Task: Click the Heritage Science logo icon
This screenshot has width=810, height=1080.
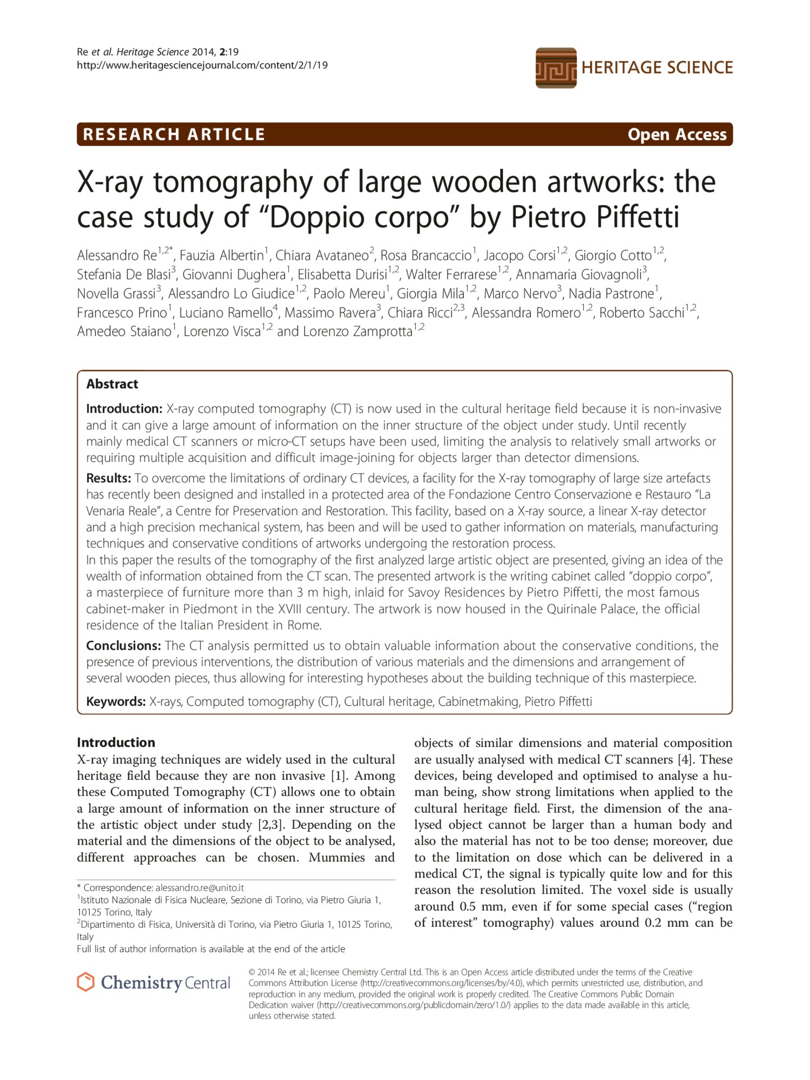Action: (556, 68)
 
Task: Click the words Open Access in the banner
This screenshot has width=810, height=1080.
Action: (677, 134)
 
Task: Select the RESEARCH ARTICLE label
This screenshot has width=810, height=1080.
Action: (174, 134)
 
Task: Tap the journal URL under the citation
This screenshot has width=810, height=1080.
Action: (202, 65)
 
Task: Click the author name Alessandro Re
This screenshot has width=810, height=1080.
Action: (117, 255)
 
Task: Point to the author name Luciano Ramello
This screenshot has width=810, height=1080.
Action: (226, 313)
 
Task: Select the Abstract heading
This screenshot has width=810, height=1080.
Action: (112, 384)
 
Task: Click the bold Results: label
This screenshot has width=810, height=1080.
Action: (109, 478)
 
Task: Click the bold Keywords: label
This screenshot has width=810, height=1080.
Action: (116, 701)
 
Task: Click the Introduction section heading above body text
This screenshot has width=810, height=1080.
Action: (116, 742)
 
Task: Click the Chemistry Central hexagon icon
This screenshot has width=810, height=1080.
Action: (86, 982)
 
